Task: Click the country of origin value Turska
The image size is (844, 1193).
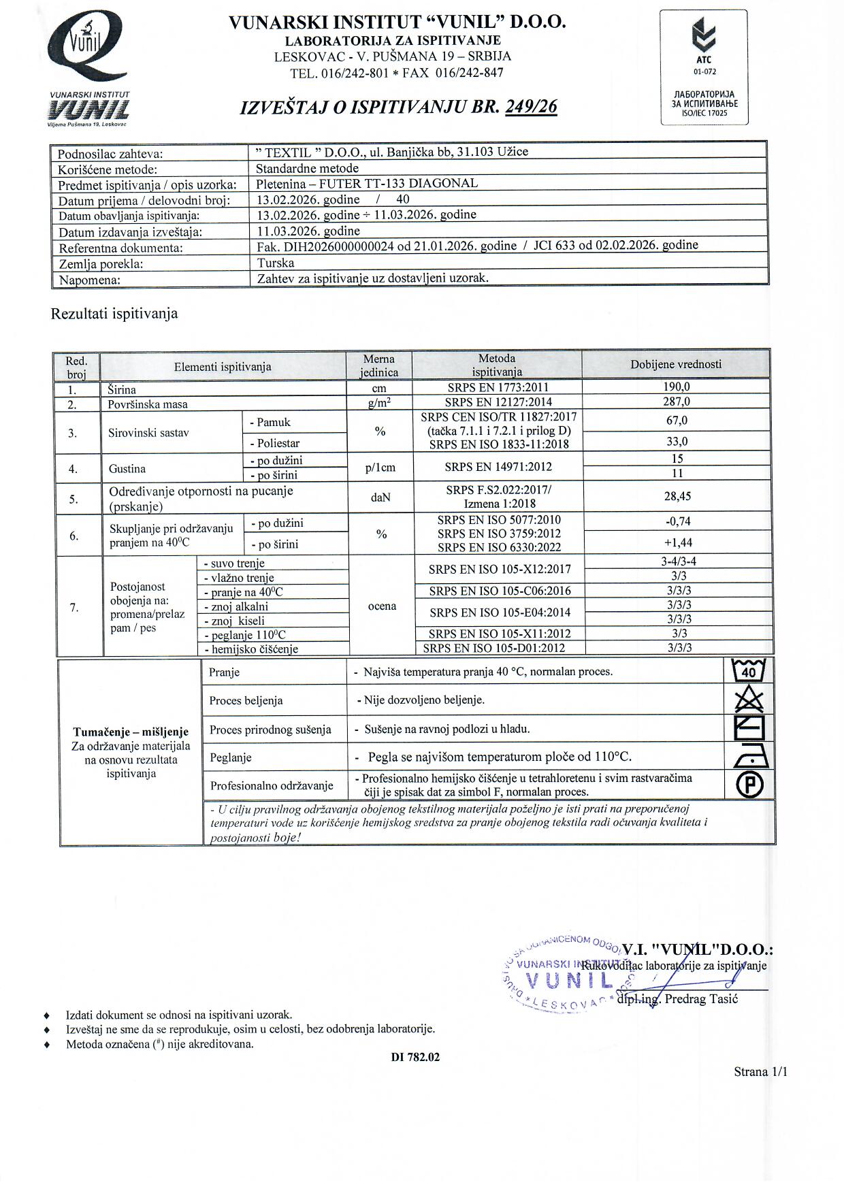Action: [276, 263]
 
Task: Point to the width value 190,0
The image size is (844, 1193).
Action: [677, 387]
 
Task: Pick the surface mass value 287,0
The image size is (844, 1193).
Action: [677, 402]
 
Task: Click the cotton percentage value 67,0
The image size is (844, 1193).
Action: [677, 421]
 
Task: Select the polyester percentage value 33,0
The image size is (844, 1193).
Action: [677, 442]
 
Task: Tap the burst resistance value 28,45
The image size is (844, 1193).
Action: [677, 497]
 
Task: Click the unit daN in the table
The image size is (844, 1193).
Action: [380, 497]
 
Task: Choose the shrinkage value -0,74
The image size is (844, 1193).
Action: [677, 521]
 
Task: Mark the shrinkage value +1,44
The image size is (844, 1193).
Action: [677, 543]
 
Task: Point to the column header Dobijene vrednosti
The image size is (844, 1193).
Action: [676, 364]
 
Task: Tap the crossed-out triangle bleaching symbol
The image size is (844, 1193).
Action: [749, 700]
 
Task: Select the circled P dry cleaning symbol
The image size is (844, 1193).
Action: [749, 785]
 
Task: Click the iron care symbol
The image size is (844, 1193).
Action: [749, 756]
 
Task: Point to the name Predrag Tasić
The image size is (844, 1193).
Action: [701, 999]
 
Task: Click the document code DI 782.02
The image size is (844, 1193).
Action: [415, 1057]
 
